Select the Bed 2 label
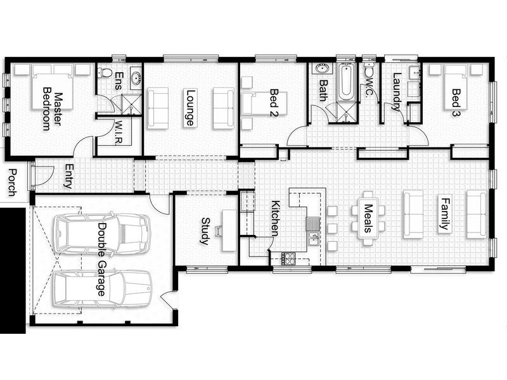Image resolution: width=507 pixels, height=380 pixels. (x=274, y=102)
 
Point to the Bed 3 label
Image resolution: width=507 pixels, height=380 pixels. (x=456, y=103)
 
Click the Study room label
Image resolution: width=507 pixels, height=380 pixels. (x=205, y=231)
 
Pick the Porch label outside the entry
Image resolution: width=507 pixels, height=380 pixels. (x=12, y=182)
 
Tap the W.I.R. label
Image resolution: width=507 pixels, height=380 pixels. (x=119, y=133)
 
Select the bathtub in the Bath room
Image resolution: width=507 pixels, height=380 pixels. (x=346, y=83)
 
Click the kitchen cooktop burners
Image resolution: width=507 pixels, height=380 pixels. (x=288, y=258)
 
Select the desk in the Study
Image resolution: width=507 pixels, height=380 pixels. (x=229, y=230)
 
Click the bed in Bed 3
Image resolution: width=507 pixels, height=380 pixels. (x=456, y=87)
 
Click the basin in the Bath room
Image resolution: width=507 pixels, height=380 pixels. (x=322, y=69)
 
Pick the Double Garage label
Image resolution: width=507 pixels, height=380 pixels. (x=102, y=259)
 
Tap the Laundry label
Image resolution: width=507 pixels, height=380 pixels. (x=397, y=92)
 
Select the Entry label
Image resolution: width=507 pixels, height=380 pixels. (x=69, y=176)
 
